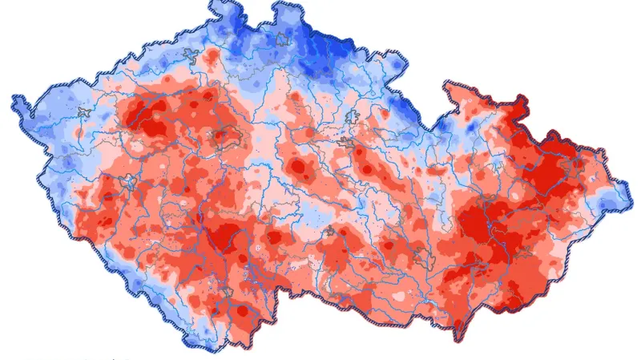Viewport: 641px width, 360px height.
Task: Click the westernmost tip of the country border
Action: pyautogui.click(x=14, y=99)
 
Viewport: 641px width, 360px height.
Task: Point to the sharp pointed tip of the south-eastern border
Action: pyautogui.click(x=458, y=338)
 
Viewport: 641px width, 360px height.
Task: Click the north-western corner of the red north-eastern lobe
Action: pyautogui.click(x=447, y=83)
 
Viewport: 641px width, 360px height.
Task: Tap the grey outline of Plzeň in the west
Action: pyautogui.click(x=131, y=182)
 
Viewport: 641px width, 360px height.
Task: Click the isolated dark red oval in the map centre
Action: pyautogui.click(x=298, y=168)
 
